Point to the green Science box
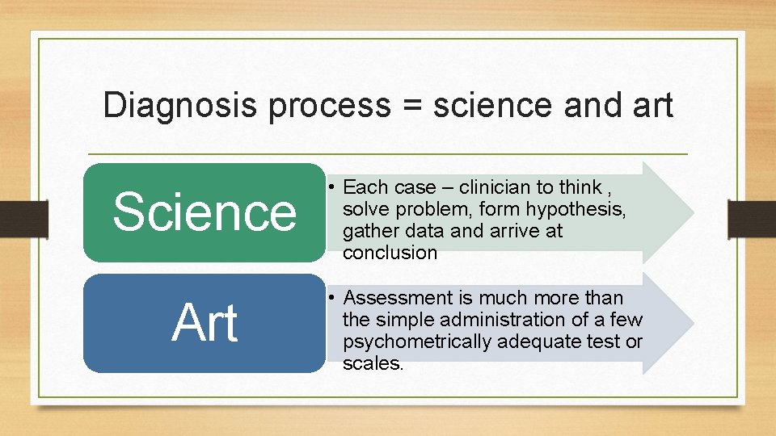(205, 212)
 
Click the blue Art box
(205, 323)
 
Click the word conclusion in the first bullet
(390, 253)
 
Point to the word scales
(372, 363)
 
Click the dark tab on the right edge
(752, 218)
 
